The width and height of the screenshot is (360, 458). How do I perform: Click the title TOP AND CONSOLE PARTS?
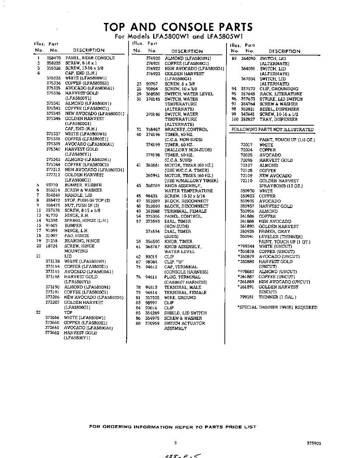point(178,27)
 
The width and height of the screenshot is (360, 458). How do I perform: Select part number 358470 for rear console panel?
point(53,58)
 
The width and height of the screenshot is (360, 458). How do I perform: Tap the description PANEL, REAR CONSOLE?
point(90,58)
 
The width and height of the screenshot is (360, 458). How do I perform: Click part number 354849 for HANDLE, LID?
point(53,195)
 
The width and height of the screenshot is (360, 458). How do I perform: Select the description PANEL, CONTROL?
point(183,216)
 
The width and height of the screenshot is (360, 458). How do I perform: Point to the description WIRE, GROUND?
point(180,298)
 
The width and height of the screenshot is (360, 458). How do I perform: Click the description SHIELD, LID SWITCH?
point(185,313)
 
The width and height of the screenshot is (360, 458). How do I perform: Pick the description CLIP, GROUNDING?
point(279,89)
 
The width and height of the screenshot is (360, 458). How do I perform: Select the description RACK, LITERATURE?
point(281,94)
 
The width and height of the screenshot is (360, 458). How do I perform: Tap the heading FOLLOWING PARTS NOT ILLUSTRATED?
point(273,130)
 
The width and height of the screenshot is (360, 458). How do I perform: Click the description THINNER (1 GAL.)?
point(278,297)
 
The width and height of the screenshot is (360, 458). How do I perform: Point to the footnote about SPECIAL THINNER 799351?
point(277,307)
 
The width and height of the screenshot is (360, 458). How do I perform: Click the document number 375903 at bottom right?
point(313,444)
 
